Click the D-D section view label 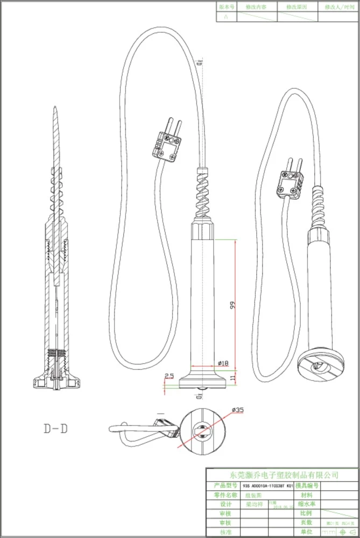point(56,428)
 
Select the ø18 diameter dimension point(222,363)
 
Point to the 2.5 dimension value point(168,377)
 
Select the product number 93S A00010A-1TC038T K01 point(269,485)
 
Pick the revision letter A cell point(225,17)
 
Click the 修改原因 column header point(297,7)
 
